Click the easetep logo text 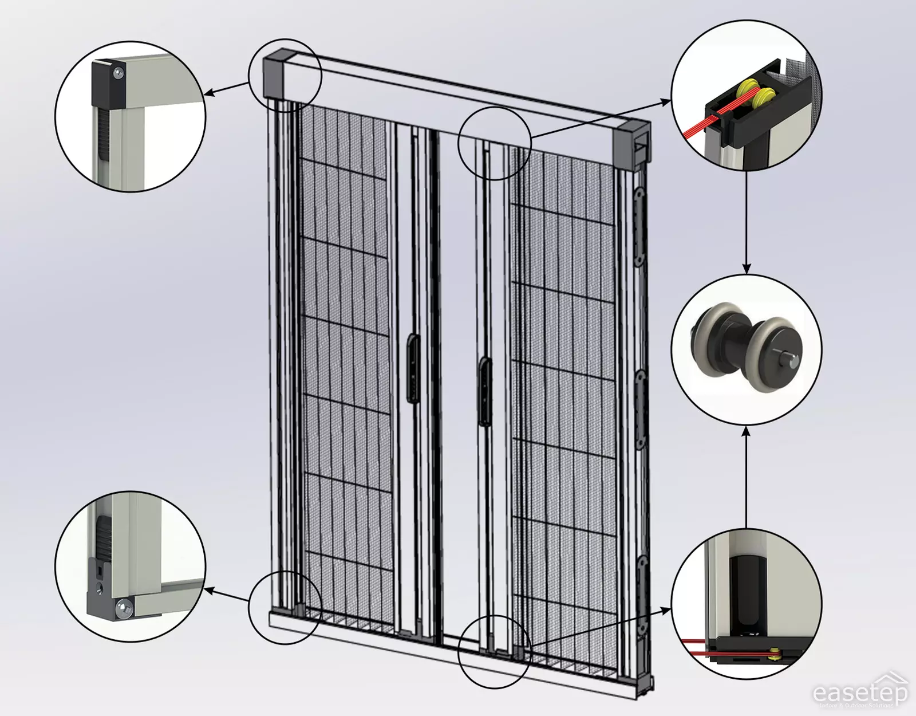tap(860, 693)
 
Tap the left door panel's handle tap(412, 366)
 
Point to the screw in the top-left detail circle tap(118, 73)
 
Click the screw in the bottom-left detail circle tap(124, 608)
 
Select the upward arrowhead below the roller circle tap(746, 431)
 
